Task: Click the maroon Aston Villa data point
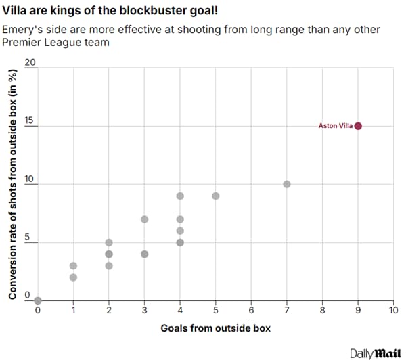tap(358, 126)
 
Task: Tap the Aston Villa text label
tap(336, 126)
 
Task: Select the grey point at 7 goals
tap(287, 184)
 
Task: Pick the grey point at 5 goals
tap(215, 196)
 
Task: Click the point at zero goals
tap(38, 300)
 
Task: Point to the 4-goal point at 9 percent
tap(180, 196)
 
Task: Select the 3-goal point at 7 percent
tap(144, 219)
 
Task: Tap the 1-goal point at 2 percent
tap(73, 277)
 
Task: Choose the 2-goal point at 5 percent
tap(109, 242)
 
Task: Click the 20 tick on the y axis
tap(30, 62)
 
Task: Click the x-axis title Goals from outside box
tap(215, 328)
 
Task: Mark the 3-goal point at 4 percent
tap(144, 254)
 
